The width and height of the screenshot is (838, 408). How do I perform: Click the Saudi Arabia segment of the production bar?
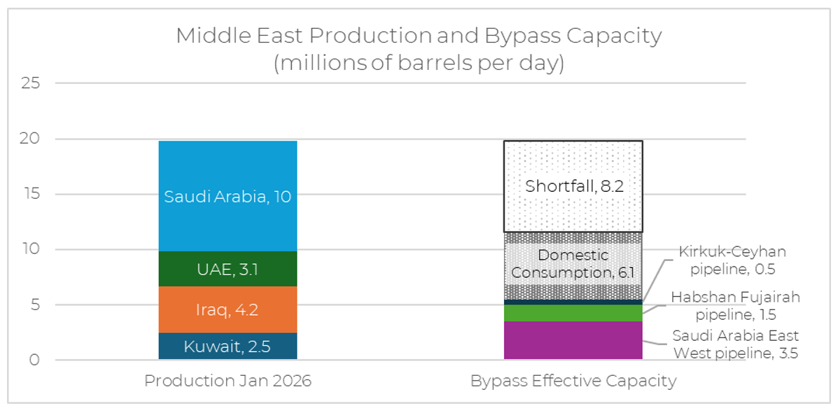(x=228, y=196)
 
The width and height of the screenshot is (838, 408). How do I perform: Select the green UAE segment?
(x=228, y=269)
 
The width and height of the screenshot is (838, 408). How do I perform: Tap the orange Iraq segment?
(x=228, y=309)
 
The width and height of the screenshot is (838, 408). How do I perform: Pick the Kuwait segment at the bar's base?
(x=228, y=346)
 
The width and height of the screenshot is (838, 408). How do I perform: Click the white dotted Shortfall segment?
(x=573, y=186)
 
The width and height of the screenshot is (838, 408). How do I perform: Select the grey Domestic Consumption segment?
(x=573, y=265)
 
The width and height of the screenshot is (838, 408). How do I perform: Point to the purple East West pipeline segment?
(x=573, y=341)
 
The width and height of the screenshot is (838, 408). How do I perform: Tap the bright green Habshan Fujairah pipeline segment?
(x=573, y=313)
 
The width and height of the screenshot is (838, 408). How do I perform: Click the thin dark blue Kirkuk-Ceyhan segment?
(x=573, y=302)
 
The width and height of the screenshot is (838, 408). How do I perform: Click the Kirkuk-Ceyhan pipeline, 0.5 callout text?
(x=732, y=260)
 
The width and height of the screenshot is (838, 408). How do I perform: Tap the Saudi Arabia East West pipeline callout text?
(x=735, y=344)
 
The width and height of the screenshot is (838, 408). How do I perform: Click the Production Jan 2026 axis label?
(x=228, y=381)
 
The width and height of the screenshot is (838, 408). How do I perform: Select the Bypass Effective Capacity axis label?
(x=573, y=381)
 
